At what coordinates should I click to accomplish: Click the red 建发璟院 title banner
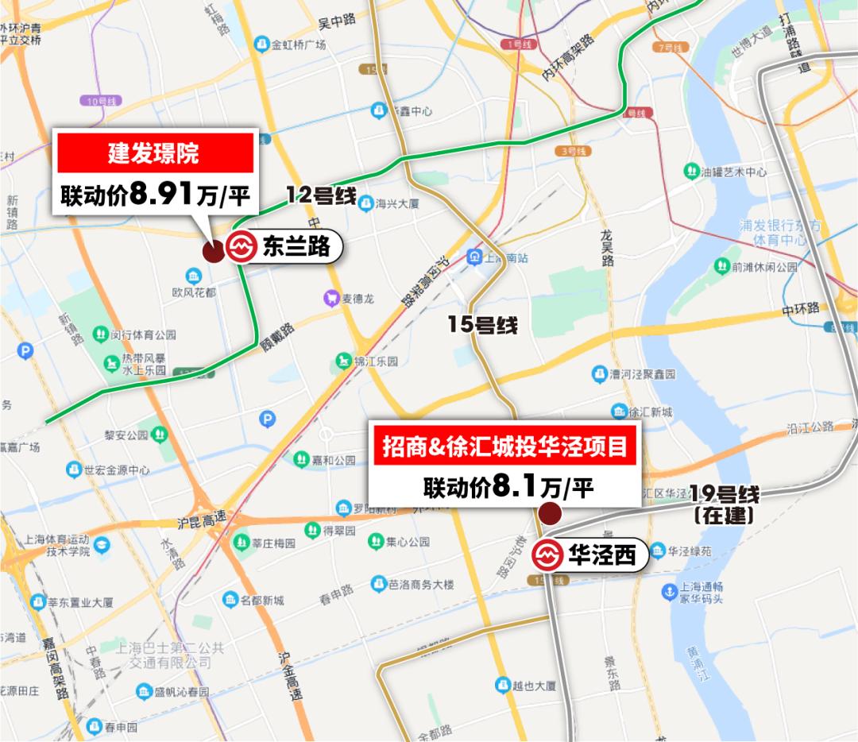pos(154,153)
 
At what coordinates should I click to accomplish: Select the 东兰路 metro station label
pos(283,248)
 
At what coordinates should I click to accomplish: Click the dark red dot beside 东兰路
pos(213,252)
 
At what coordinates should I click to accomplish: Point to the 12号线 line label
pos(320,196)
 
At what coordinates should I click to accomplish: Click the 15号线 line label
pos(482,325)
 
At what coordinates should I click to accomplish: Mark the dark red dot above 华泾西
pos(550,513)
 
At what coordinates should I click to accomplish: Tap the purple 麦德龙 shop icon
pos(330,299)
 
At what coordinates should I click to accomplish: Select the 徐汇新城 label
pos(650,411)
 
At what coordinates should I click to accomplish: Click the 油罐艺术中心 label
pos(735,172)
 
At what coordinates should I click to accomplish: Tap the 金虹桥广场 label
pos(298,44)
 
